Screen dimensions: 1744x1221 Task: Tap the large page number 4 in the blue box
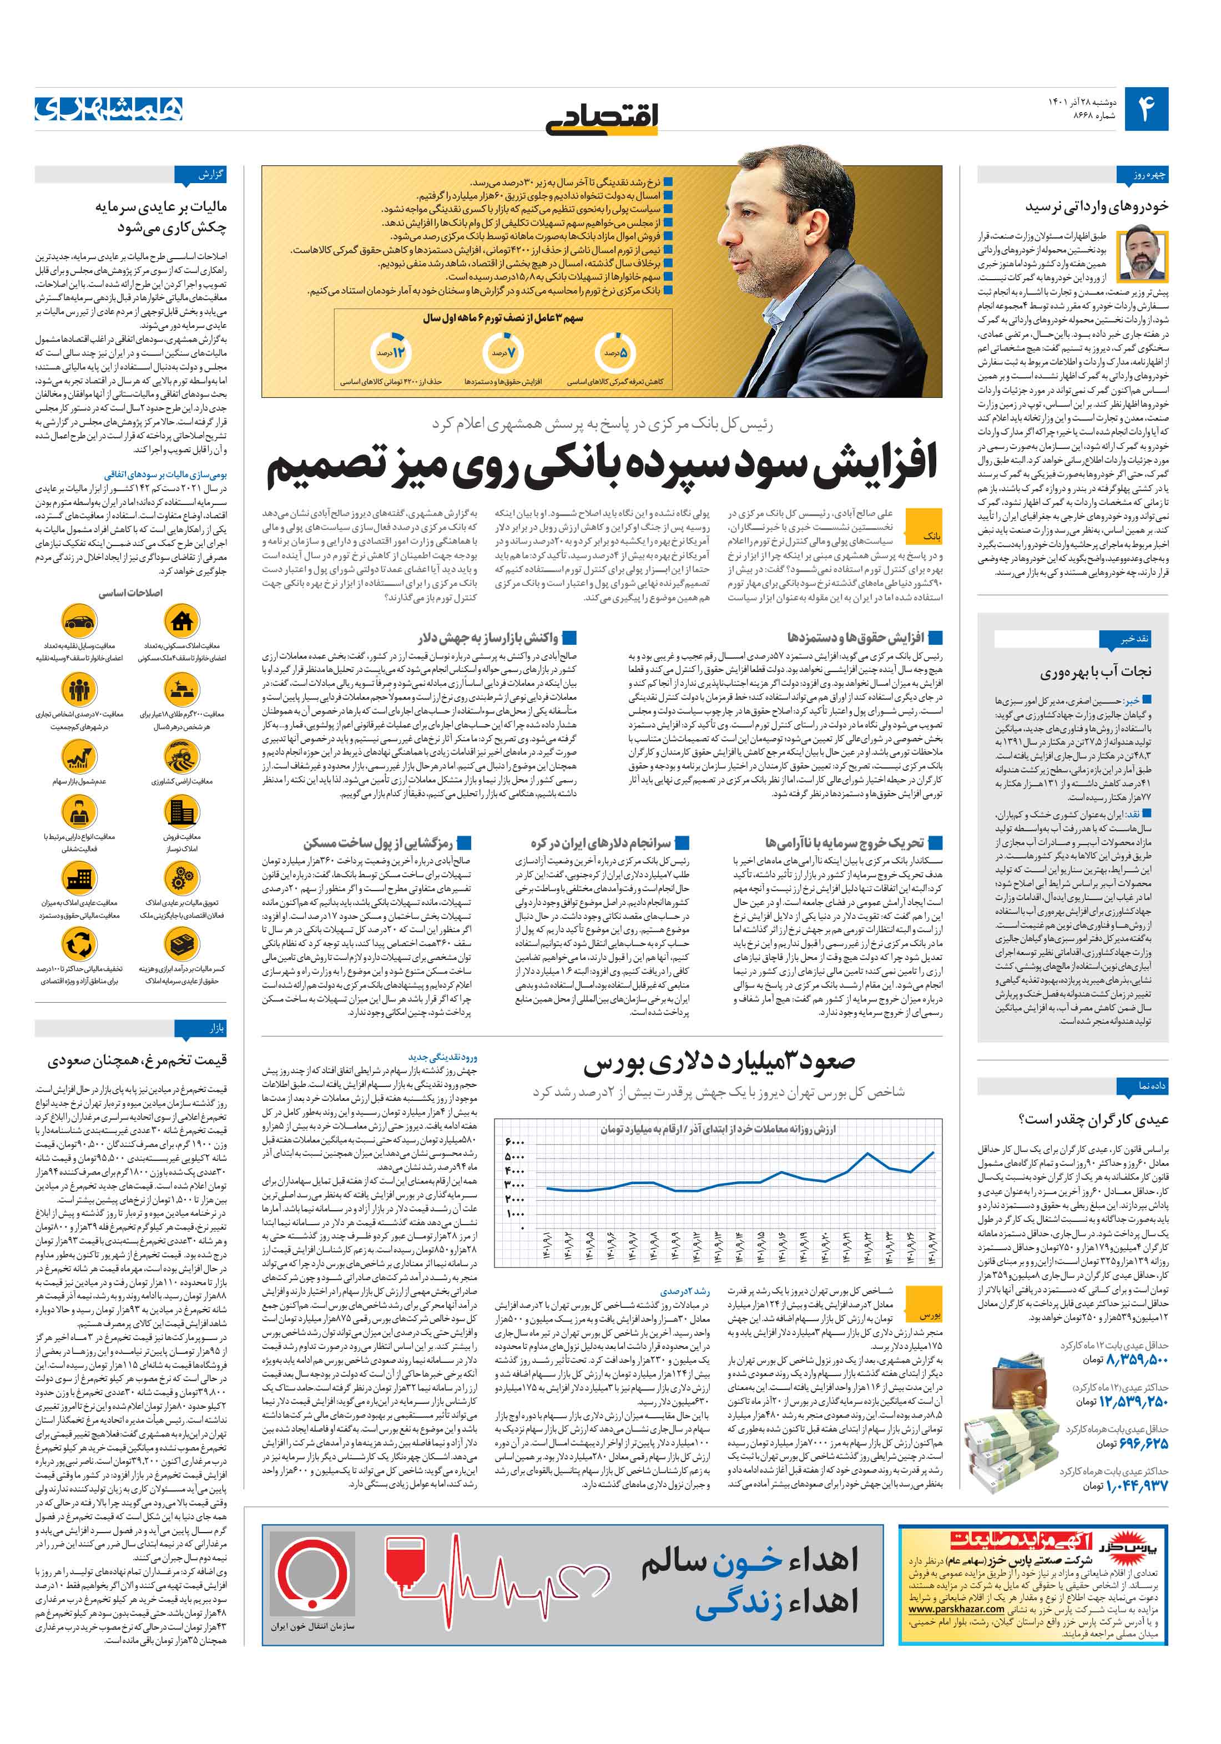pyautogui.click(x=1145, y=109)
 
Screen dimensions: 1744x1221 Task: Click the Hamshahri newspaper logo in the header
pyautogui.click(x=109, y=109)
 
